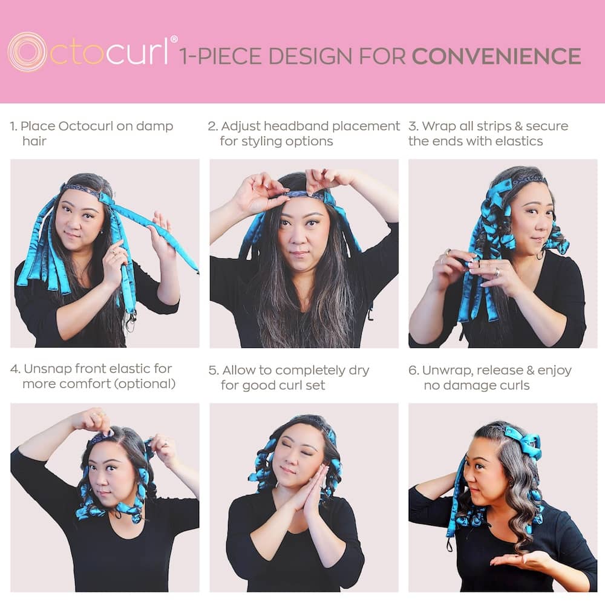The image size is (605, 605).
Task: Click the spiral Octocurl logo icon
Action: (x=27, y=52)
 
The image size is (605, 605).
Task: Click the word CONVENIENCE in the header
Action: (x=496, y=56)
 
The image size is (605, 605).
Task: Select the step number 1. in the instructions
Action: (x=13, y=126)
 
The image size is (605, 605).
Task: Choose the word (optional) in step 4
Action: (x=145, y=384)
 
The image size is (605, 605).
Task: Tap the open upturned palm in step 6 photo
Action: (x=515, y=559)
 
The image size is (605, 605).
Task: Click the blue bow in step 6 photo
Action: (x=524, y=441)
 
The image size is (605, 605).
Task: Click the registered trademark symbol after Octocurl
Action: (x=174, y=40)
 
